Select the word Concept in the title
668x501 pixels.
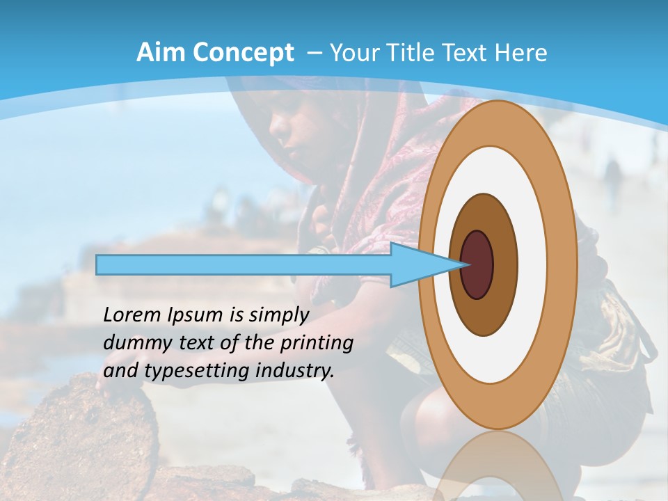pyautogui.click(x=243, y=54)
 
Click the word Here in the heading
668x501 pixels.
pyautogui.click(x=521, y=53)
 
